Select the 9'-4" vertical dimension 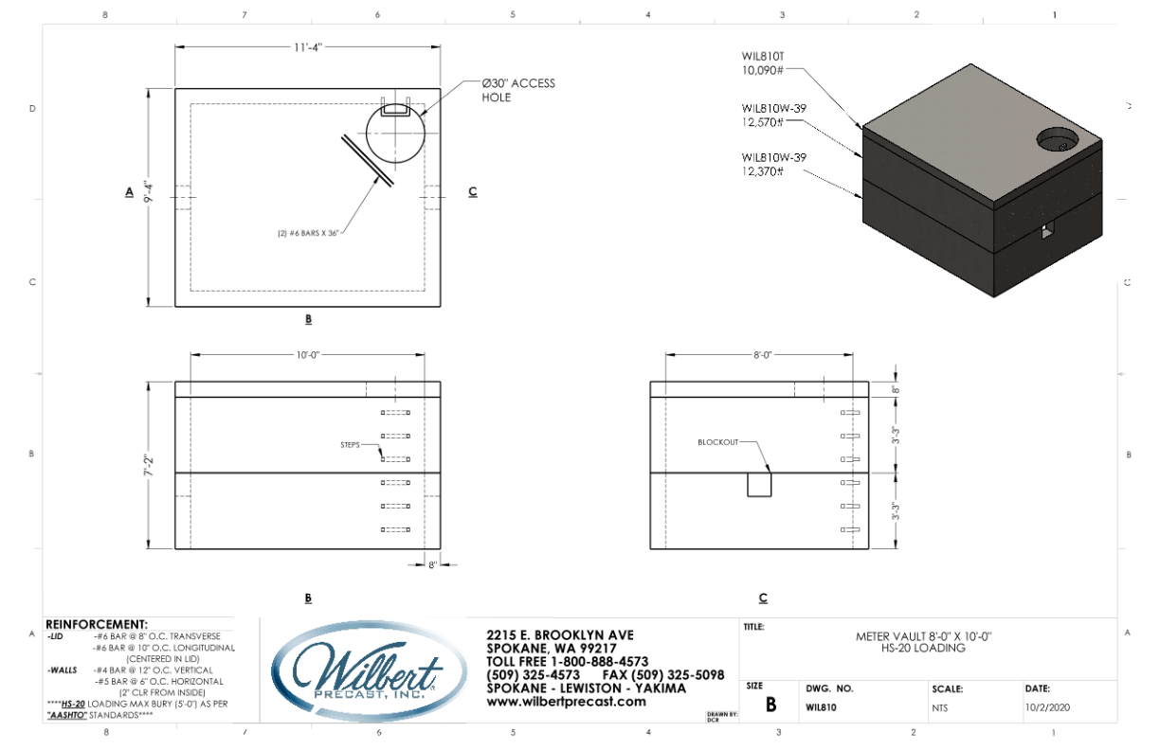(147, 197)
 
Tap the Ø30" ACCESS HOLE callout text (517, 90)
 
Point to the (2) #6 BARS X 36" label (305, 230)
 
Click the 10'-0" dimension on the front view (308, 355)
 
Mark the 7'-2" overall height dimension (147, 464)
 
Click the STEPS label (353, 444)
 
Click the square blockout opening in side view (760, 484)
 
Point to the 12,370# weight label (763, 171)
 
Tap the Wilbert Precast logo (369, 669)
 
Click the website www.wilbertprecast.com (566, 702)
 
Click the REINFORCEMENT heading (97, 624)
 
